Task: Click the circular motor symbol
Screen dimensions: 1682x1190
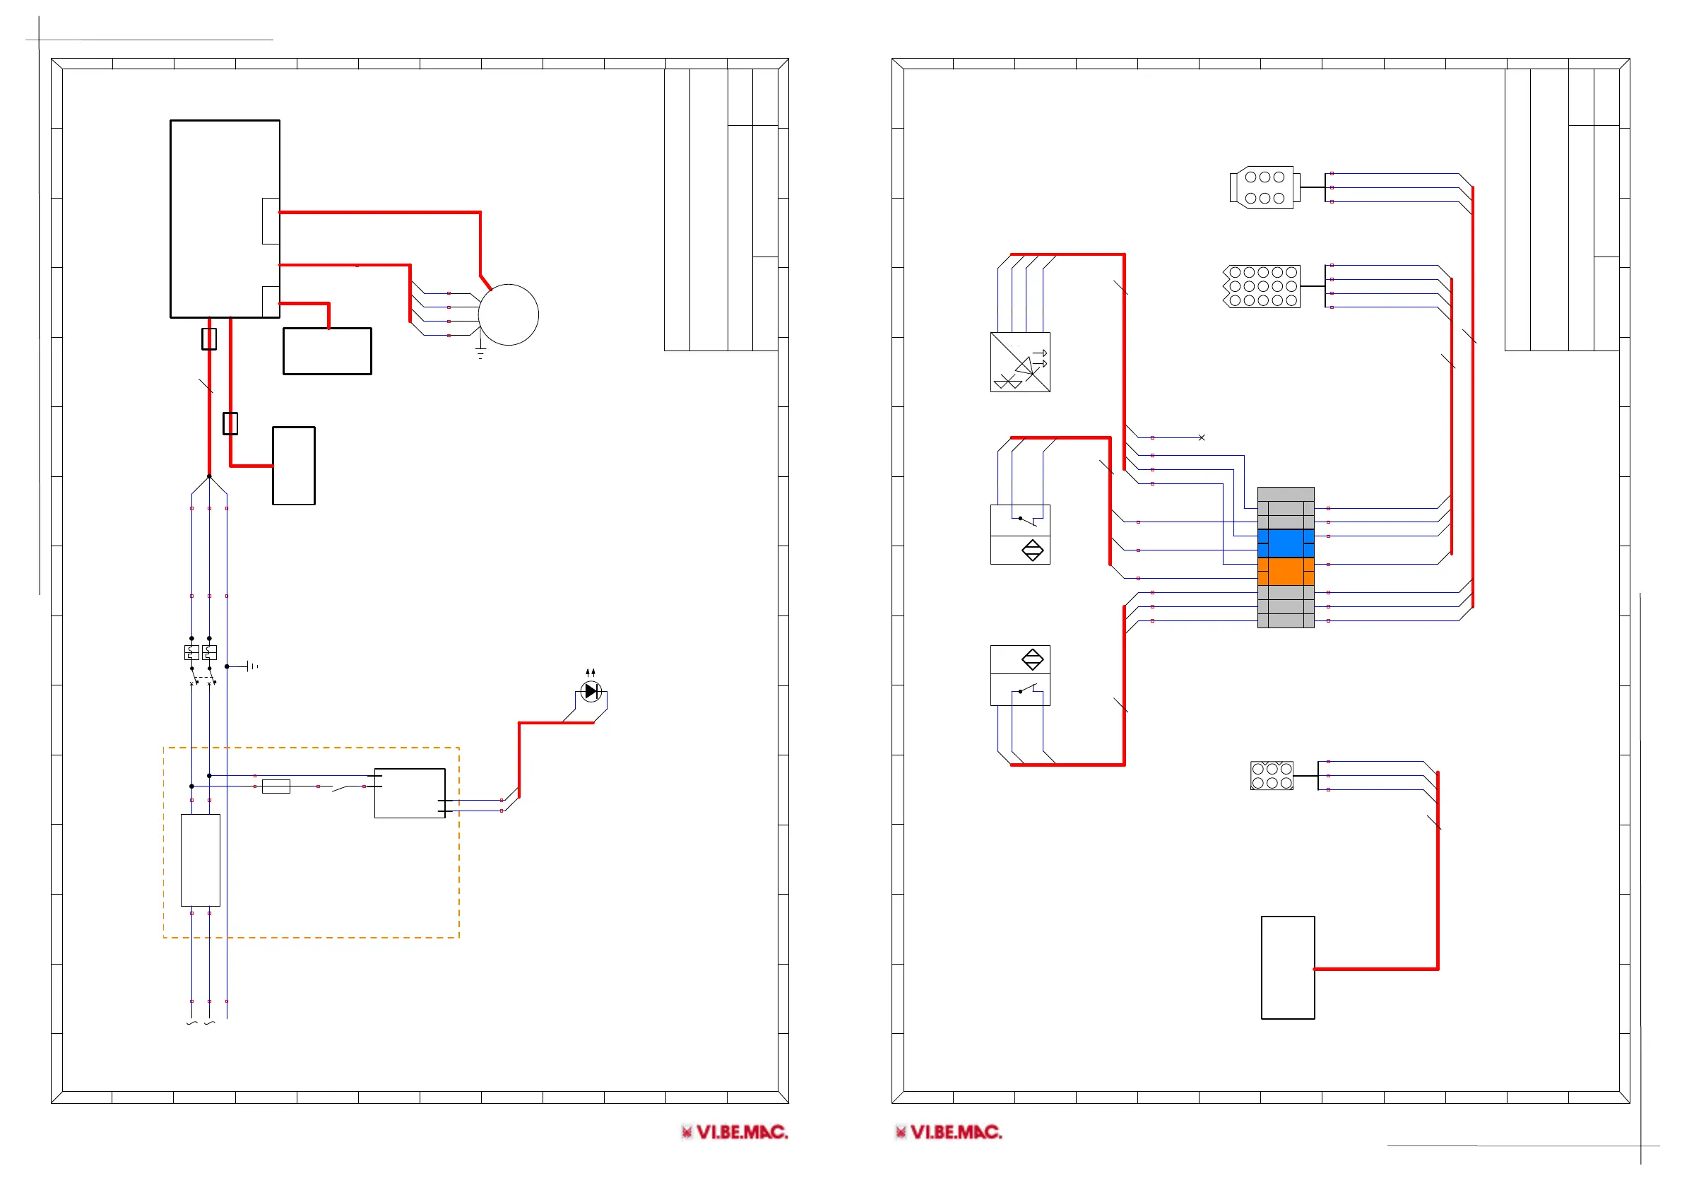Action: pyautogui.click(x=509, y=314)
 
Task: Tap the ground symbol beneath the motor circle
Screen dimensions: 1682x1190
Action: pyautogui.click(x=480, y=353)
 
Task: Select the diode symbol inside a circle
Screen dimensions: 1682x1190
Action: pyautogui.click(x=591, y=691)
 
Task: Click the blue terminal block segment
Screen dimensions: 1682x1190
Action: pyautogui.click(x=1286, y=543)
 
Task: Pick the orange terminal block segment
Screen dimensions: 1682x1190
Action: pyautogui.click(x=1286, y=572)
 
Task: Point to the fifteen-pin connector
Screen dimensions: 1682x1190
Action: pyautogui.click(x=1262, y=286)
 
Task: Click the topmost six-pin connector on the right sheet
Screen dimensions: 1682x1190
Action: pyautogui.click(x=1265, y=187)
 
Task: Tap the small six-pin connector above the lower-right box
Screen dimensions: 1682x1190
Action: pyautogui.click(x=1272, y=776)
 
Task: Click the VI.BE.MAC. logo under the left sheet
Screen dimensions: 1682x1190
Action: pyautogui.click(x=735, y=1132)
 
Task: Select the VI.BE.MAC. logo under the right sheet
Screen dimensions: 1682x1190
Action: pyautogui.click(x=949, y=1132)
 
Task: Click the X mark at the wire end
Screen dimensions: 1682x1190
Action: pyautogui.click(x=1202, y=437)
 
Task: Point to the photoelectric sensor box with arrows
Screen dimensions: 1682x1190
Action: pyautogui.click(x=1021, y=362)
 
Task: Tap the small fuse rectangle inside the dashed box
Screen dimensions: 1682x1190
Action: pyautogui.click(x=276, y=787)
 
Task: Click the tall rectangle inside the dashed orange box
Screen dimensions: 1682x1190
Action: pyautogui.click(x=201, y=860)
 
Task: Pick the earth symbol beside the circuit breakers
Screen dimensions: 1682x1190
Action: pyautogui.click(x=250, y=666)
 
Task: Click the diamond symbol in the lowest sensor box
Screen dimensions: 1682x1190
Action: pyautogui.click(x=1033, y=659)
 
